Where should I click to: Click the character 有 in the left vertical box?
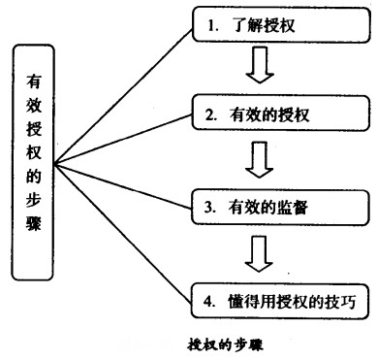point(33,84)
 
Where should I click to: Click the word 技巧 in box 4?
point(331,298)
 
